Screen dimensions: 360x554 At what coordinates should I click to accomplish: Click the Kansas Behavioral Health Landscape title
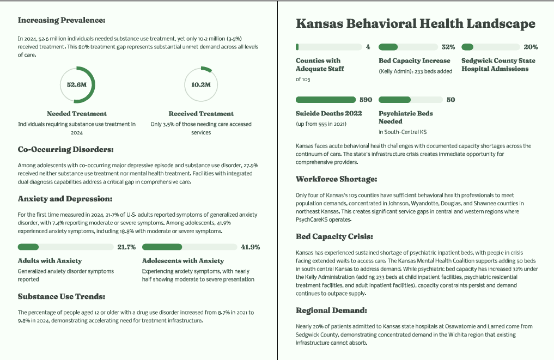pos(415,24)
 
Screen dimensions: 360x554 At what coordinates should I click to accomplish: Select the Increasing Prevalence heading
pos(62,20)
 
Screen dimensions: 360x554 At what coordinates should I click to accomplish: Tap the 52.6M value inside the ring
pos(77,85)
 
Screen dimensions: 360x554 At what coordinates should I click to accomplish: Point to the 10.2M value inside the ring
pos(201,85)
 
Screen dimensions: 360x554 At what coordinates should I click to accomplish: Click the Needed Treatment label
pos(77,114)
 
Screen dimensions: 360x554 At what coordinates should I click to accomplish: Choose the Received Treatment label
pos(201,114)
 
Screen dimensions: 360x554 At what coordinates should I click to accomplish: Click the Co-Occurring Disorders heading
pos(66,149)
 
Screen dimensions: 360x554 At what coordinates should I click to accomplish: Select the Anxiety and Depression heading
pos(65,199)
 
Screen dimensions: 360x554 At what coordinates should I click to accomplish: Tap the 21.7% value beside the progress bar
pos(126,247)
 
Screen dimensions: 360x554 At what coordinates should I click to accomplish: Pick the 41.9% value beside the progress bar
pos(251,247)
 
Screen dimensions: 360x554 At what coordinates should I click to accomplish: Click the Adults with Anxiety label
pos(50,261)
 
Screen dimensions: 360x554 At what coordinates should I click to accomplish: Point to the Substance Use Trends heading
pos(62,297)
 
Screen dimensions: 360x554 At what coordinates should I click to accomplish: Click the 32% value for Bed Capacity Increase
pos(448,47)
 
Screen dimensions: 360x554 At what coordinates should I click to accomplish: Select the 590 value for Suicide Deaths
pos(366,100)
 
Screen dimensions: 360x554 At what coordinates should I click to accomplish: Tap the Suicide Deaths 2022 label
pos(329,113)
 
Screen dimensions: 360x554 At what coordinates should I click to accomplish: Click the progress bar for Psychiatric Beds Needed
pos(409,100)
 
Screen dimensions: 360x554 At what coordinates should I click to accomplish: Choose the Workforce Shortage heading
pos(336,179)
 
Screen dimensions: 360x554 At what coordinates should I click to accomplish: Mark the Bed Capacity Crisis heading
pos(334,236)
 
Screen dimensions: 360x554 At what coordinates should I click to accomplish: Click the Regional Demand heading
pos(331,310)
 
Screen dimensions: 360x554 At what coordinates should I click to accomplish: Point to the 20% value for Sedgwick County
pos(531,47)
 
